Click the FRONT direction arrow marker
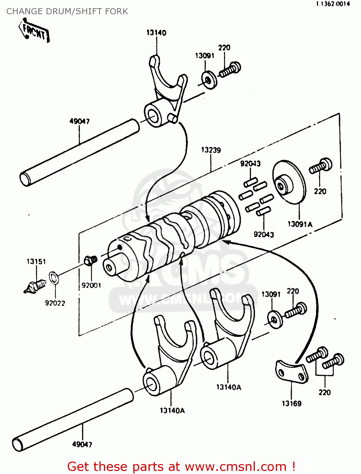tap(34, 31)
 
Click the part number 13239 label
tap(211, 150)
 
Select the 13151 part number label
tap(36, 262)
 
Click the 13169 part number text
tap(292, 404)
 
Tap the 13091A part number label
tap(300, 224)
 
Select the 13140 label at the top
tap(156, 33)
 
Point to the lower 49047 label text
tap(82, 444)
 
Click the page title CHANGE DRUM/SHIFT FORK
tap(67, 11)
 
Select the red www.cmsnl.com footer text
tap(181, 466)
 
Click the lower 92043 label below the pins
tap(264, 234)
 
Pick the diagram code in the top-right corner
tap(332, 4)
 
